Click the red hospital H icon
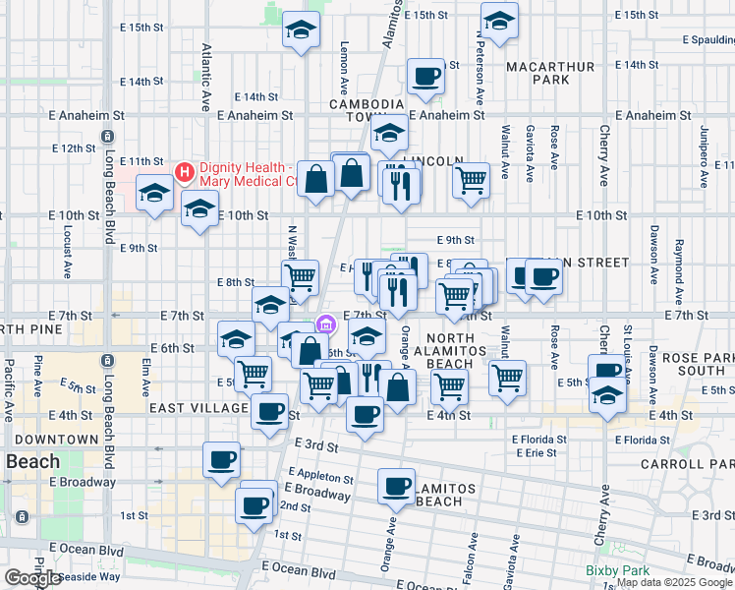pyautogui.click(x=184, y=172)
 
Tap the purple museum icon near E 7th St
pyautogui.click(x=326, y=324)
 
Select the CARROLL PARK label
pyautogui.click(x=687, y=462)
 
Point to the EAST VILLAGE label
pyautogui.click(x=198, y=407)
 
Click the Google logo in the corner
pyautogui.click(x=32, y=578)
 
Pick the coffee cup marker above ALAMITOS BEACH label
pyautogui.click(x=398, y=486)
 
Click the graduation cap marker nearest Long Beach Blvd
pyautogui.click(x=154, y=193)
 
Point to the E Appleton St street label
pyautogui.click(x=322, y=478)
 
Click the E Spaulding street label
pyautogui.click(x=707, y=41)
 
